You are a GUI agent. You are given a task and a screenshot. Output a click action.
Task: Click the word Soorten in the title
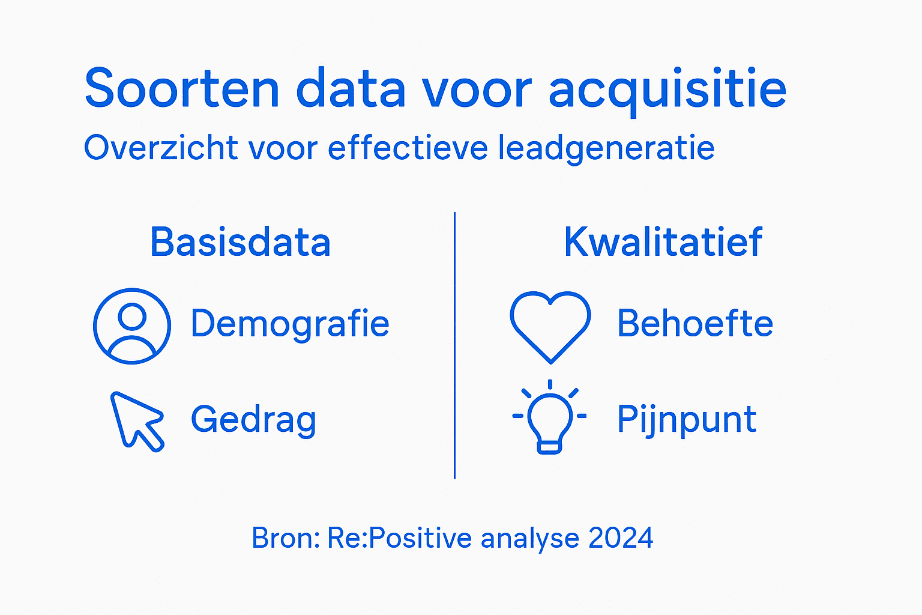(x=182, y=89)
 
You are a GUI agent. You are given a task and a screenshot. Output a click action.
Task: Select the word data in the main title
(x=351, y=89)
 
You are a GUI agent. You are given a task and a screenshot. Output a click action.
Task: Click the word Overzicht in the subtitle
(x=161, y=148)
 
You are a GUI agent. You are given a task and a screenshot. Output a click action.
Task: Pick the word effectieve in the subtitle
(x=408, y=148)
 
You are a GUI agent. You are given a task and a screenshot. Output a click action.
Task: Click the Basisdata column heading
(x=240, y=242)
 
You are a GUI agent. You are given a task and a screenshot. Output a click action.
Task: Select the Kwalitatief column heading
(x=663, y=242)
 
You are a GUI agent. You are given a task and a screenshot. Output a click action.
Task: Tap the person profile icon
(x=132, y=326)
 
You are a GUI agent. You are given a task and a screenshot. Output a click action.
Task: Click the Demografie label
(x=290, y=324)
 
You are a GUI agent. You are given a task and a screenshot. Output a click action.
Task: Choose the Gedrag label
(x=253, y=420)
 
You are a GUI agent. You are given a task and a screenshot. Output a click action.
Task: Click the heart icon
(x=550, y=325)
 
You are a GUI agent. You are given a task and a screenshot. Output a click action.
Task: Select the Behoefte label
(x=695, y=324)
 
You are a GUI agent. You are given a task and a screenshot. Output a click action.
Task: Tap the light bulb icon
(x=550, y=417)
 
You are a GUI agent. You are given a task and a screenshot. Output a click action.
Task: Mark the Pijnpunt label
(x=687, y=420)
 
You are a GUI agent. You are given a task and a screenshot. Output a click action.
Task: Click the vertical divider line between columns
(x=455, y=345)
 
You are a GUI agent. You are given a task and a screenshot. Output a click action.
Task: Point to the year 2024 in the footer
(x=621, y=538)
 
